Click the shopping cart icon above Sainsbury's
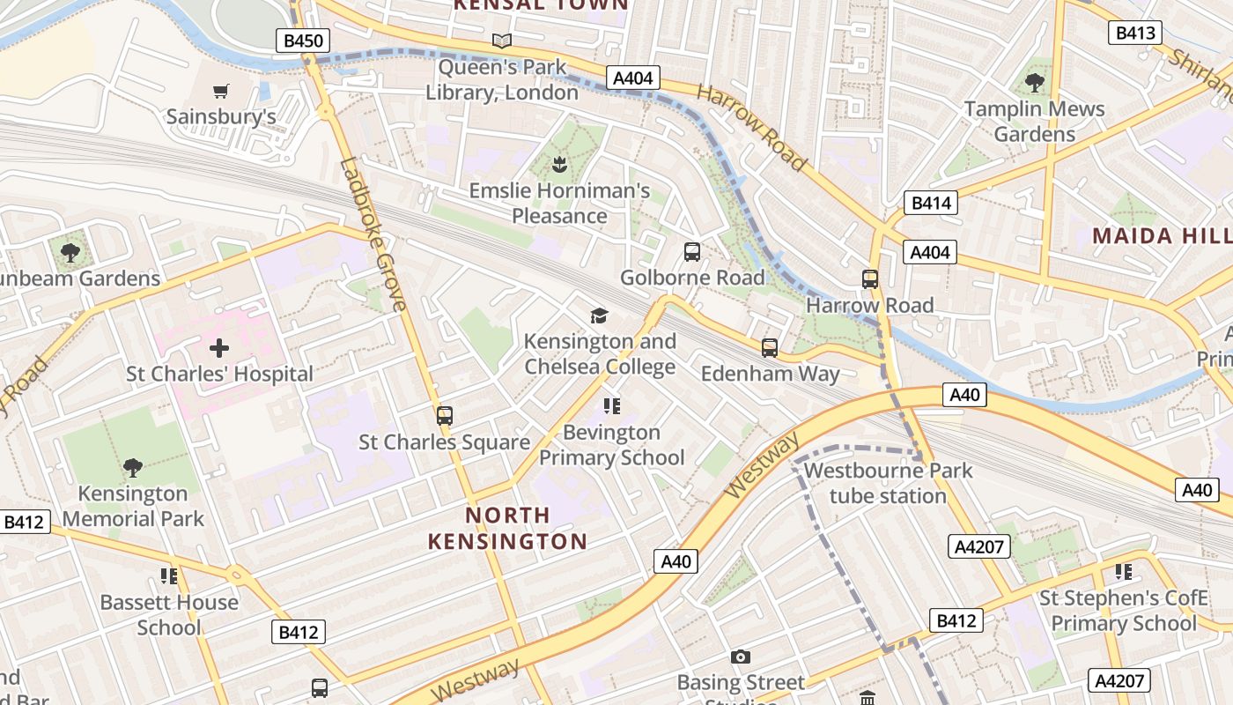pyautogui.click(x=220, y=91)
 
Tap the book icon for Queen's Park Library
pyautogui.click(x=502, y=41)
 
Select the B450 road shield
pyautogui.click(x=303, y=40)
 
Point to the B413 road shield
pyautogui.click(x=1134, y=33)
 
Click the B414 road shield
pyautogui.click(x=931, y=204)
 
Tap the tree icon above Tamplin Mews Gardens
pyautogui.click(x=1035, y=83)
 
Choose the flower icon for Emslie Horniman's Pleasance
pyautogui.click(x=558, y=163)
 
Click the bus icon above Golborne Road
pyautogui.click(x=692, y=252)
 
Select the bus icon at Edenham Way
pyautogui.click(x=770, y=347)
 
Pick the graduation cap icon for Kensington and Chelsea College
pyautogui.click(x=600, y=315)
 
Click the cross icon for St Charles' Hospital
pyautogui.click(x=219, y=347)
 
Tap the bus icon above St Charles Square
pyautogui.click(x=445, y=415)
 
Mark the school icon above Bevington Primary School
pyautogui.click(x=612, y=406)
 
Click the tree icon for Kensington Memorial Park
pyautogui.click(x=133, y=467)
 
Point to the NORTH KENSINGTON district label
pyautogui.click(x=507, y=528)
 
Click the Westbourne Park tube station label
pyautogui.click(x=888, y=483)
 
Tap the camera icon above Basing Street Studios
pyautogui.click(x=741, y=657)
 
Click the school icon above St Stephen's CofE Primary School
pyautogui.click(x=1124, y=572)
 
